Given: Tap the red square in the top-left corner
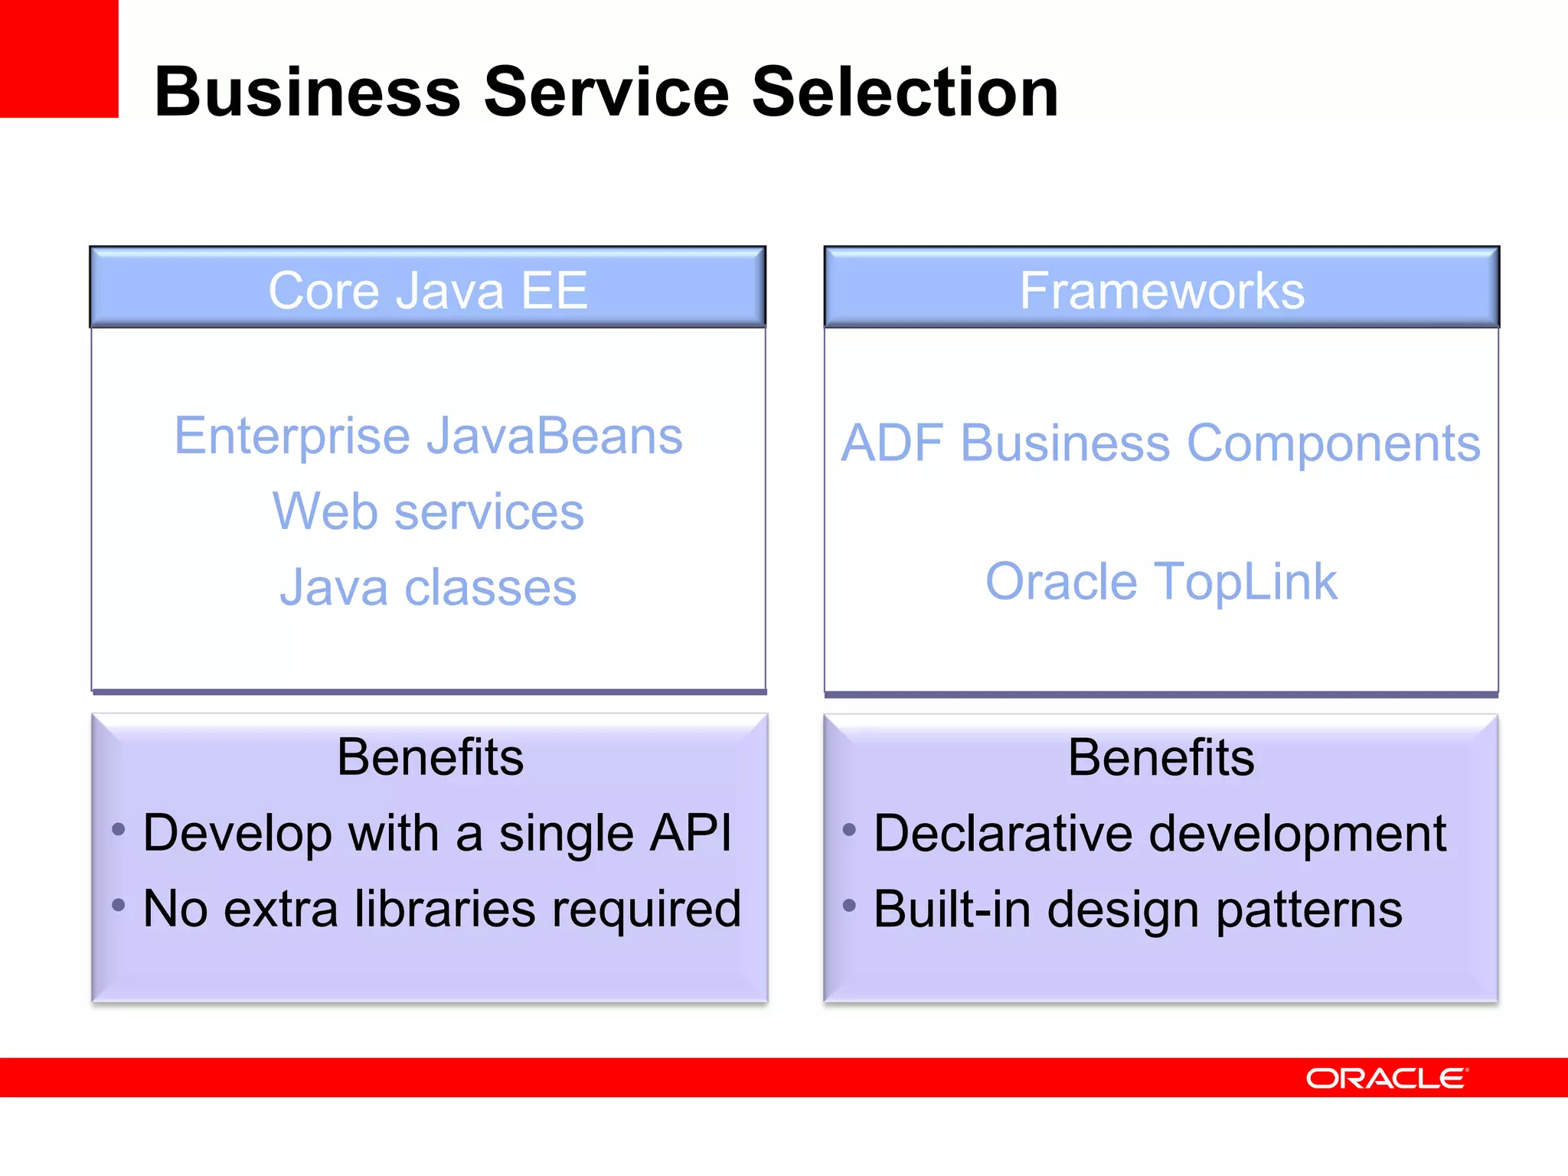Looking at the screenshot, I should (x=58, y=58).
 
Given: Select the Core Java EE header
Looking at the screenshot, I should (x=427, y=290).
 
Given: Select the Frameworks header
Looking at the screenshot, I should (x=1161, y=290).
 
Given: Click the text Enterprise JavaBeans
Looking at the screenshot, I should (x=428, y=436).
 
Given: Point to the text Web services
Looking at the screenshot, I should (x=428, y=511).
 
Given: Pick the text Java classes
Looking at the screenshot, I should (x=428, y=587).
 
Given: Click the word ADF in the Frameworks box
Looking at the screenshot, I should (x=892, y=443).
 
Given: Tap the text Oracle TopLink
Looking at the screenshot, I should (x=1161, y=581).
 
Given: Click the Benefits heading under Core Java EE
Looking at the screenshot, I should (x=430, y=757).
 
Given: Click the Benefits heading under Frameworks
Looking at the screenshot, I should (x=1161, y=757).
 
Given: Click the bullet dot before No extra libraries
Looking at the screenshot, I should (x=118, y=906).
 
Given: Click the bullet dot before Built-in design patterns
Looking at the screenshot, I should (x=848, y=906).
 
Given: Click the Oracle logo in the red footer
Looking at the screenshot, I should (x=1386, y=1078).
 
